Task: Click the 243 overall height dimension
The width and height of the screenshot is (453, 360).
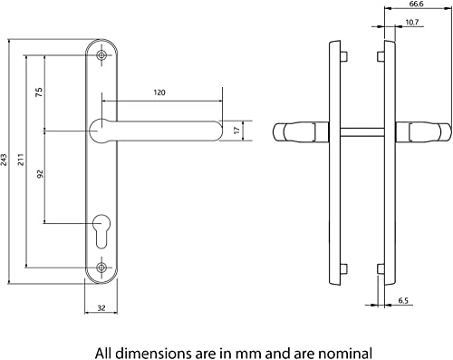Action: [x=7, y=159]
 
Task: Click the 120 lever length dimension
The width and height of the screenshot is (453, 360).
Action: [x=159, y=92]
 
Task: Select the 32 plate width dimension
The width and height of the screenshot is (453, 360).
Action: [x=102, y=308]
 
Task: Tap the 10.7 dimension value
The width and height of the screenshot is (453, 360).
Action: [x=412, y=22]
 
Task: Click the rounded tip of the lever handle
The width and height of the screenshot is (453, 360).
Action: [x=215, y=131]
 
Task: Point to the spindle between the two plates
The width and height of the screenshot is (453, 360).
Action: [x=353, y=133]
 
